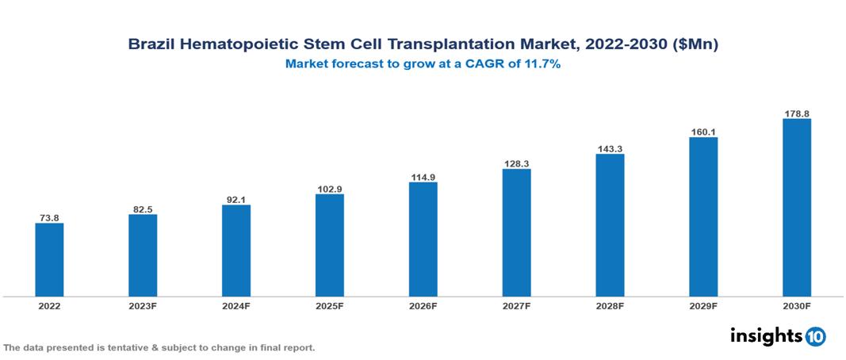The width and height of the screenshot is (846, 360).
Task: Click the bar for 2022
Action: (49, 259)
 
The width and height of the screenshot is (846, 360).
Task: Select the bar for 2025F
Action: (330, 245)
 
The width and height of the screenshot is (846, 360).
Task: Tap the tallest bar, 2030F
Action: (797, 208)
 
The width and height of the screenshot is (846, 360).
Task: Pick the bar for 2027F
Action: (516, 232)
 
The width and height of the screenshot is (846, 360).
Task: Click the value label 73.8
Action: (49, 217)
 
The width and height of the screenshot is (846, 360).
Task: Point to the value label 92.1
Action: (236, 200)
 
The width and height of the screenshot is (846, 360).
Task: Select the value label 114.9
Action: (423, 177)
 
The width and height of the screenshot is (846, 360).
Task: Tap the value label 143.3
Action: (610, 148)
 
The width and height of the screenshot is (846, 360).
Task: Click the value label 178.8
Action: (797, 113)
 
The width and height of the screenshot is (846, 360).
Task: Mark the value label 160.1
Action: (703, 132)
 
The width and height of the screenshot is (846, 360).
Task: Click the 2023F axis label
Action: (143, 305)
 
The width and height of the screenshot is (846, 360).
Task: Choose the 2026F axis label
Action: (423, 305)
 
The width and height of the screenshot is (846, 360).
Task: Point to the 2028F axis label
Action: (610, 305)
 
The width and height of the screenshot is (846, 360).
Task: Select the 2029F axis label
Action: (703, 305)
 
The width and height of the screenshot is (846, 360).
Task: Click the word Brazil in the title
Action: (151, 45)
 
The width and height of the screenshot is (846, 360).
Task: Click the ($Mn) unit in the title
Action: (695, 45)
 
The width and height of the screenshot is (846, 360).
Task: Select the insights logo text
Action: (766, 335)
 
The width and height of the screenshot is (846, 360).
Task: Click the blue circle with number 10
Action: (816, 336)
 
